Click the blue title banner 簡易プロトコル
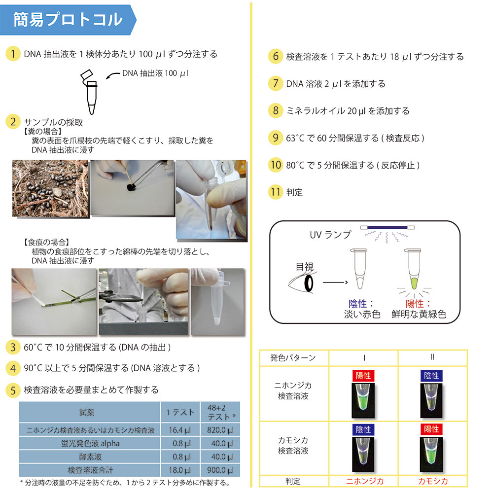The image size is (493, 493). [68, 20]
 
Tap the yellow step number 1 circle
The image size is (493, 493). [13, 54]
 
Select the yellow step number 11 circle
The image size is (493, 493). [276, 192]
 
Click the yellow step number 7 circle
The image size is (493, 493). [276, 83]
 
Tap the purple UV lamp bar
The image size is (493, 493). [387, 227]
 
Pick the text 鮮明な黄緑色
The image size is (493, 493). [419, 314]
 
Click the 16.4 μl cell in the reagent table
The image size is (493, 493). [180, 430]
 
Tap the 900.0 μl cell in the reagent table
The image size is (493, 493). [220, 470]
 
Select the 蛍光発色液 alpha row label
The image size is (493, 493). [90, 443]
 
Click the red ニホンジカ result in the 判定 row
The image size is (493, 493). [365, 481]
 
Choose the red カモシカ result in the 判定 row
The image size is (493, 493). [433, 481]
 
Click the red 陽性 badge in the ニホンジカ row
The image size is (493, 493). [363, 376]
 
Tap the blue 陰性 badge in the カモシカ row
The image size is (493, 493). [363, 429]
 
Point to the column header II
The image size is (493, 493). [432, 357]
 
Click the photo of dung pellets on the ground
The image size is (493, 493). [50, 188]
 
